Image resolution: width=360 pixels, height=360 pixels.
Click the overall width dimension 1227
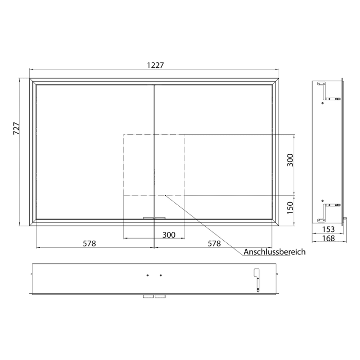pos(155,65)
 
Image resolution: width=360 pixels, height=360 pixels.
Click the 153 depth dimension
pos(328,229)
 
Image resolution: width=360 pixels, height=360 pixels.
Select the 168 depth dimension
pos(328,238)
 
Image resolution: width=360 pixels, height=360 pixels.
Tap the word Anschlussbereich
pos(275,252)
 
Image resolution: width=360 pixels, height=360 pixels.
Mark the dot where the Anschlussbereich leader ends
pos(165,195)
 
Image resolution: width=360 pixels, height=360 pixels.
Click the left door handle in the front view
pos(149,218)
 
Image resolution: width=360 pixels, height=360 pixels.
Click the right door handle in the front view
pos(160,218)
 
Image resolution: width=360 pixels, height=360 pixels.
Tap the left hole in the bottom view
pos(148,276)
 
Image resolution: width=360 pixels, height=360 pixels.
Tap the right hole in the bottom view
pos(160,276)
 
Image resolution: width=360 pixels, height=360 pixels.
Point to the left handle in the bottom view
pos(148,297)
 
